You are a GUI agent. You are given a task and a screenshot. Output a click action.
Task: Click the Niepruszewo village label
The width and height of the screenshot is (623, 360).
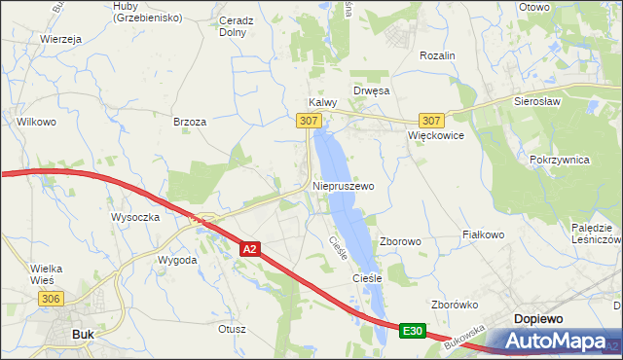point(343,184)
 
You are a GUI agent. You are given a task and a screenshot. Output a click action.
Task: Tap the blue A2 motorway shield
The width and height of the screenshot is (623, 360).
point(250,250)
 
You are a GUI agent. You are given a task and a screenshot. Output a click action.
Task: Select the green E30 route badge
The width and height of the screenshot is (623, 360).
point(413,332)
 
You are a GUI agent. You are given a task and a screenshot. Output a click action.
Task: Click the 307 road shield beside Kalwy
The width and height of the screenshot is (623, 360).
point(308,120)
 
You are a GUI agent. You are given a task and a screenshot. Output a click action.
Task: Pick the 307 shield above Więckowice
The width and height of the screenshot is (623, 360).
point(433,121)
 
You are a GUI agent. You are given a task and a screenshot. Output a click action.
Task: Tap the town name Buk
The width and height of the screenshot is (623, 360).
point(84,333)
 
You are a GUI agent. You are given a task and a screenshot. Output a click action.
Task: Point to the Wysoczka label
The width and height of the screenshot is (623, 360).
point(135,217)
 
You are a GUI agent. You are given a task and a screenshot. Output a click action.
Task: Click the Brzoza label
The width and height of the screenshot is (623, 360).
point(190,123)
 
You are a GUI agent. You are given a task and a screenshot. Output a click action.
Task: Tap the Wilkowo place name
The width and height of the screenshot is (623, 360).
point(35,123)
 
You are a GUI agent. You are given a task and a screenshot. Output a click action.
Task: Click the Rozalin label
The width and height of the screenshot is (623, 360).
point(437,56)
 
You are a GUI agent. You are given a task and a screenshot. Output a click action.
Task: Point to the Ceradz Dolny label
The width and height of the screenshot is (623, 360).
point(238,25)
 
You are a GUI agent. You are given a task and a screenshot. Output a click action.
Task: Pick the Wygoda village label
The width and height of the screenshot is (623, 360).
point(177,261)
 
